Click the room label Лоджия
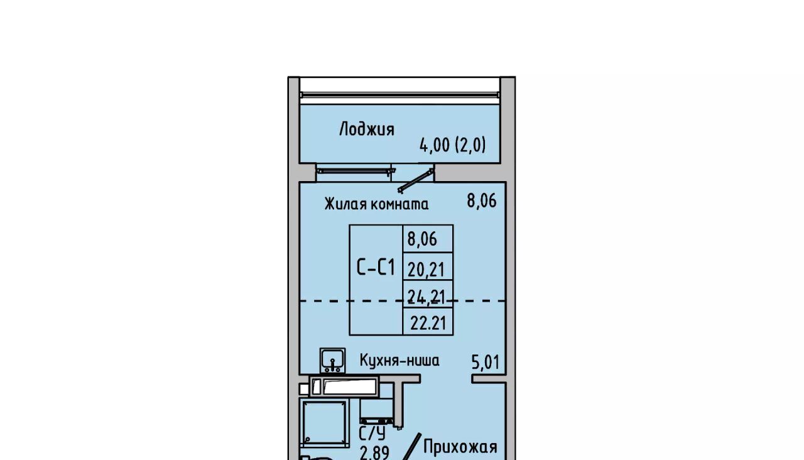pyautogui.click(x=366, y=129)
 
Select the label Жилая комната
pyautogui.click(x=376, y=204)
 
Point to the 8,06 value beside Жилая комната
pyautogui.click(x=482, y=200)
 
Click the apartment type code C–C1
pyautogui.click(x=376, y=267)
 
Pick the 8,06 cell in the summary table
pyautogui.click(x=422, y=239)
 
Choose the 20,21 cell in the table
pyautogui.click(x=426, y=270)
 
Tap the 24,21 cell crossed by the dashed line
pyautogui.click(x=426, y=297)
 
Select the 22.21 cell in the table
pyautogui.click(x=428, y=323)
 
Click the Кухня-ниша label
pyautogui.click(x=399, y=360)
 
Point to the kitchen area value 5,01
pyautogui.click(x=486, y=363)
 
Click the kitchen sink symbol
pyautogui.click(x=333, y=361)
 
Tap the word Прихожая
pyautogui.click(x=460, y=447)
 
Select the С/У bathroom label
pyautogui.click(x=372, y=434)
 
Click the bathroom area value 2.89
pyautogui.click(x=374, y=453)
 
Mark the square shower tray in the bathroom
pyautogui.click(x=325, y=423)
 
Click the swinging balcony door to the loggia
pyautogui.click(x=415, y=180)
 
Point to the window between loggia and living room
pyautogui.click(x=354, y=171)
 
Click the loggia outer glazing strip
pyautogui.click(x=400, y=95)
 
